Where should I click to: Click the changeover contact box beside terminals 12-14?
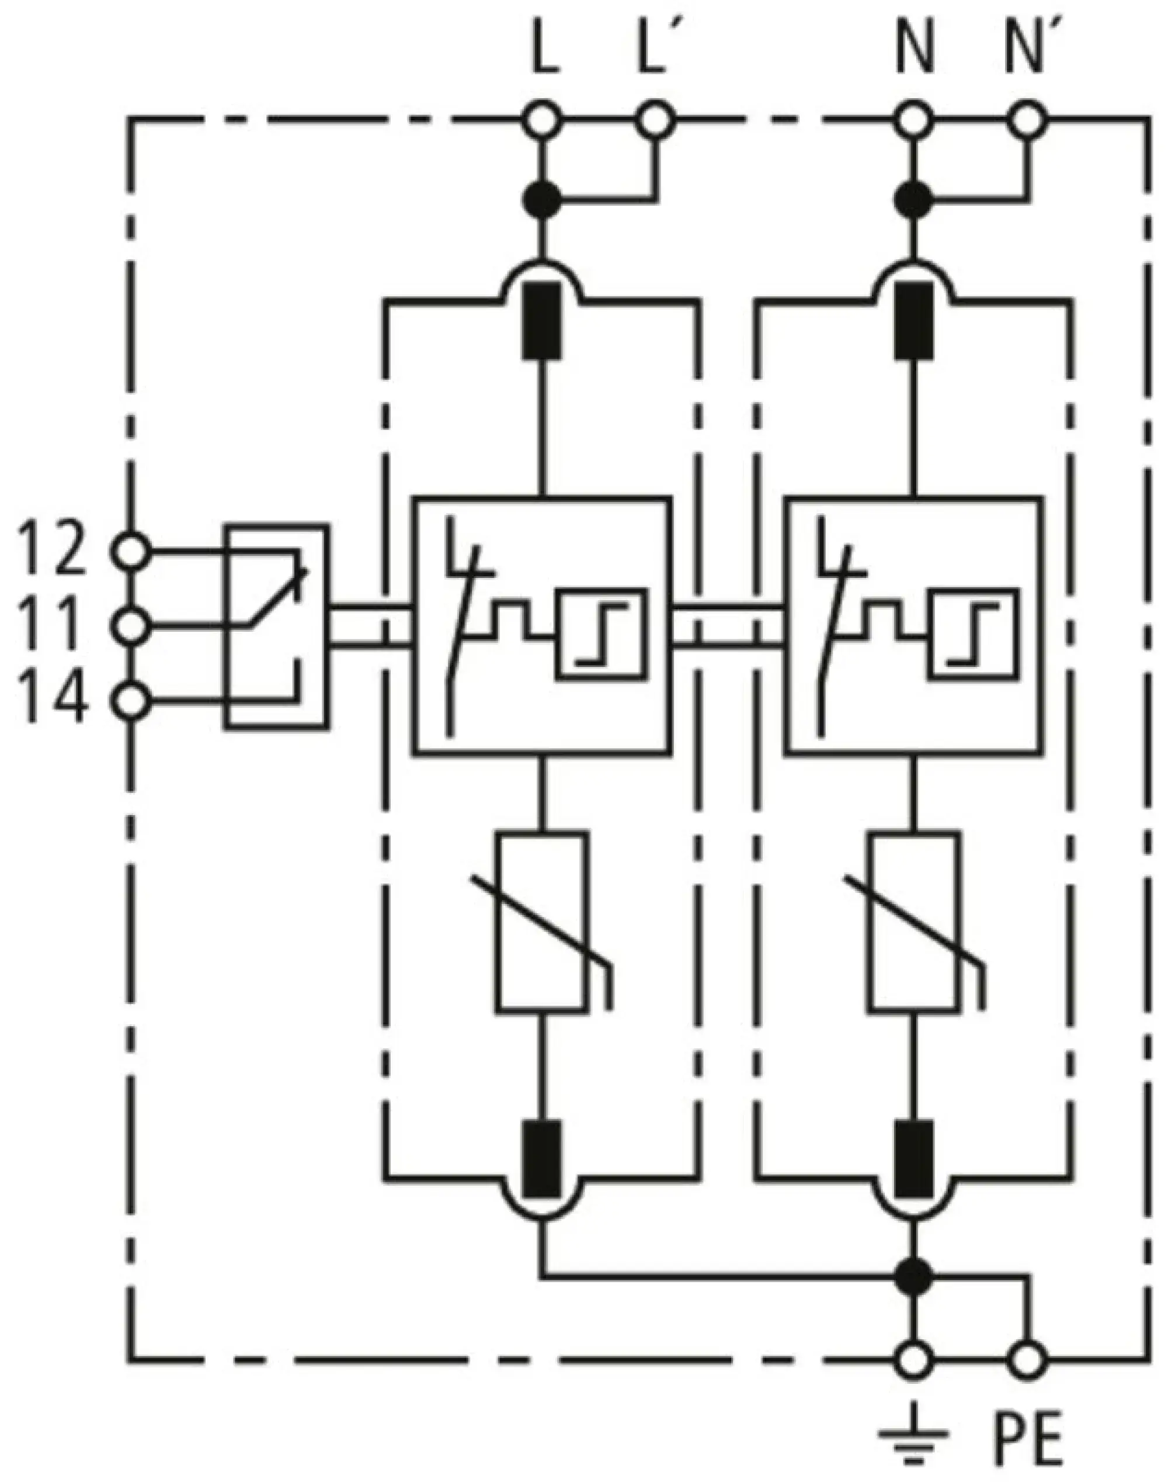276,626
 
